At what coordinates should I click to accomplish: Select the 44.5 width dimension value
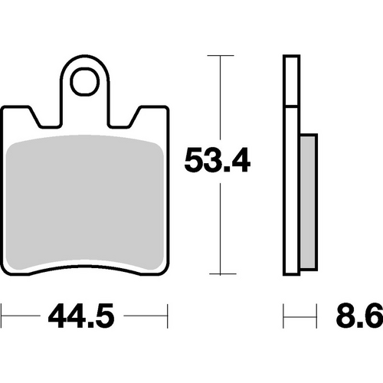point(85,314)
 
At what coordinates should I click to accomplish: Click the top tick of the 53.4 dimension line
point(221,56)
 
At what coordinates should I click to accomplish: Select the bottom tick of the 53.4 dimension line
point(221,274)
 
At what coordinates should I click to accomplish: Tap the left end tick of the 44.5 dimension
point(2,314)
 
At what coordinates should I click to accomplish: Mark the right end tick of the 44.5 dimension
point(166,314)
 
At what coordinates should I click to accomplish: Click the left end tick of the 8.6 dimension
point(284,314)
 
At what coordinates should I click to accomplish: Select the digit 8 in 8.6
point(345,314)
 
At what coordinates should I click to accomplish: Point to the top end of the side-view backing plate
point(291,58)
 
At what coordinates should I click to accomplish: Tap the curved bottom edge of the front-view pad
point(84,267)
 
